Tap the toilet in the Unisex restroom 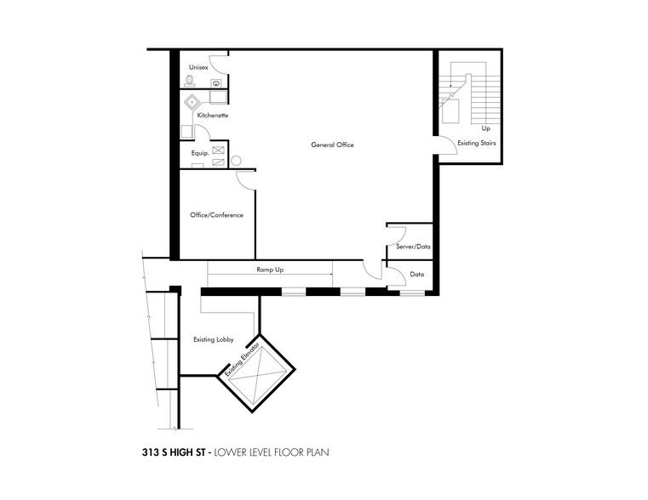pos(189,82)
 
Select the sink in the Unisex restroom pos(217,82)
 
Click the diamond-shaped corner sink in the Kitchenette pos(194,101)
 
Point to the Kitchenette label pos(212,116)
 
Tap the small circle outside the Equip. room pos(236,160)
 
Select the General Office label pos(331,145)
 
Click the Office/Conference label pos(216,215)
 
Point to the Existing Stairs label pos(476,143)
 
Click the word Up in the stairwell pos(485,128)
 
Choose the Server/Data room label pos(412,247)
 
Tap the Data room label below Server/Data pos(417,275)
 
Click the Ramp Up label pos(270,270)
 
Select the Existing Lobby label pos(213,340)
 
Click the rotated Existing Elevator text pos(241,362)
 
